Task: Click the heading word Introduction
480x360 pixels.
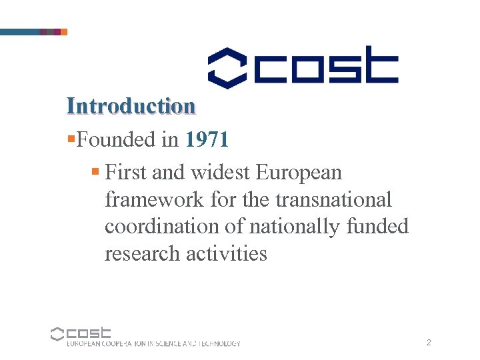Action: click(131, 106)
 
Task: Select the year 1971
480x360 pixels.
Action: click(207, 139)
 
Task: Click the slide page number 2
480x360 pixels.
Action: click(429, 343)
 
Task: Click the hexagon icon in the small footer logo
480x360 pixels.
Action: click(57, 333)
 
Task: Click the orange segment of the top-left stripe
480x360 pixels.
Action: click(64, 31)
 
